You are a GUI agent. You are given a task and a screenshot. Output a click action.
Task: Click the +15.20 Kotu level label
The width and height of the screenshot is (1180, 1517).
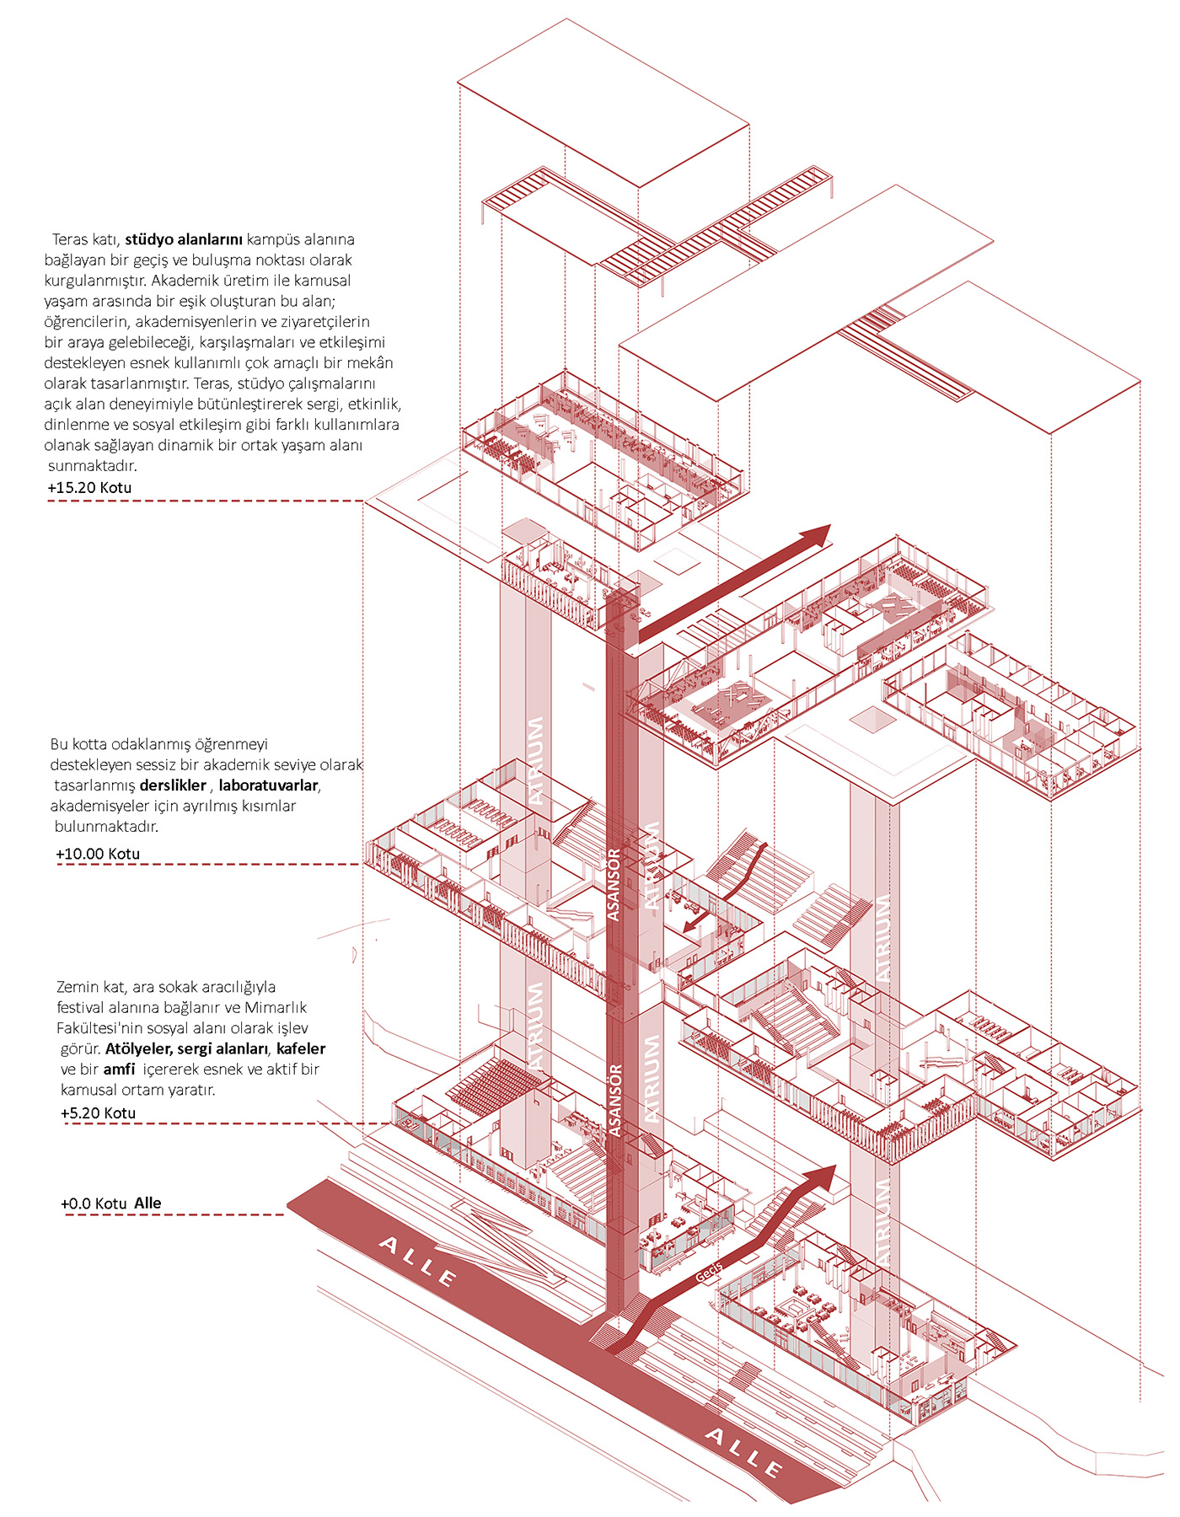click(x=89, y=487)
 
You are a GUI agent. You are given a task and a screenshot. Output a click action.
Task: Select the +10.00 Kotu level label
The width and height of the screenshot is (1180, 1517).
click(x=98, y=854)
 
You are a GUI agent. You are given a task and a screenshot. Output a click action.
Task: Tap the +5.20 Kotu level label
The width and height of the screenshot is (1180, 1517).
click(x=98, y=1113)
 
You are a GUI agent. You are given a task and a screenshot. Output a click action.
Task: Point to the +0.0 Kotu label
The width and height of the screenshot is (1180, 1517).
click(x=94, y=1203)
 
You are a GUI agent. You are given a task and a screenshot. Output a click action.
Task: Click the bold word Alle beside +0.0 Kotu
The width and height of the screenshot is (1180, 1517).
click(x=147, y=1203)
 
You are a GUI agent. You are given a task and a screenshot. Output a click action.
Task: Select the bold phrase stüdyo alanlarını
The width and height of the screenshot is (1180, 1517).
click(x=184, y=239)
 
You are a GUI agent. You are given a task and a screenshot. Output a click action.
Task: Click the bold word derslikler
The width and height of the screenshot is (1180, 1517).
click(x=173, y=785)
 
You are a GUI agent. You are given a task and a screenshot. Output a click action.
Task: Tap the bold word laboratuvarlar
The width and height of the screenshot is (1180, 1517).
click(x=269, y=785)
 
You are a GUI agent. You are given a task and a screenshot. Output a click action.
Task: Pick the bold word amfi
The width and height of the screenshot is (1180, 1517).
click(x=119, y=1069)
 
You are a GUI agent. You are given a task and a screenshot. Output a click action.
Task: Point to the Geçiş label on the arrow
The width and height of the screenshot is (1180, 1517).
click(x=709, y=1273)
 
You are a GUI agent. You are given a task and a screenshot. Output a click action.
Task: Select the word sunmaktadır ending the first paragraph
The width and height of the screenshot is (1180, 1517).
click(x=92, y=466)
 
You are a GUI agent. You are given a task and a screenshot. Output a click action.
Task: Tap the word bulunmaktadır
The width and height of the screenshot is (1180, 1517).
click(x=106, y=827)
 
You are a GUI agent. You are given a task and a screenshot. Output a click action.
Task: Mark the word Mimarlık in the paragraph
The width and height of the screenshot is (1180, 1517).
click(x=276, y=1008)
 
